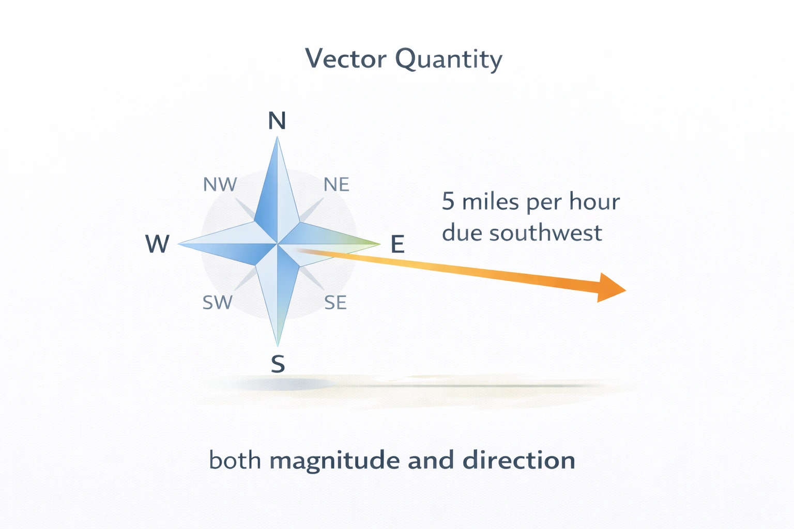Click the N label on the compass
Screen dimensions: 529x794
[x=277, y=121]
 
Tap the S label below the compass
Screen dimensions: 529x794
[x=278, y=364]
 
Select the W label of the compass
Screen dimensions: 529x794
[x=157, y=243]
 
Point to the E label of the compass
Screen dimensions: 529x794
[x=397, y=244]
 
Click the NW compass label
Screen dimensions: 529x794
[x=220, y=184]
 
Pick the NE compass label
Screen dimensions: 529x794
[x=337, y=184]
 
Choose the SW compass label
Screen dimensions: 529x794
[x=218, y=302]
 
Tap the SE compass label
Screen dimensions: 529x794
[x=335, y=302]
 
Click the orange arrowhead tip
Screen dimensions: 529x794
[x=625, y=290]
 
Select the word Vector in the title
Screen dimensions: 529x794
[x=346, y=58]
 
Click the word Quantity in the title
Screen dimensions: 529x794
[x=449, y=59]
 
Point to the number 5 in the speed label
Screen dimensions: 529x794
[x=448, y=201]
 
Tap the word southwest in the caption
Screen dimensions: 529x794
[x=546, y=233]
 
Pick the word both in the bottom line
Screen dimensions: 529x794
[x=235, y=460]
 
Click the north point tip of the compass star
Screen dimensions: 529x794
[x=278, y=137]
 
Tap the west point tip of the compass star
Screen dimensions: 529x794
[x=179, y=244]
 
